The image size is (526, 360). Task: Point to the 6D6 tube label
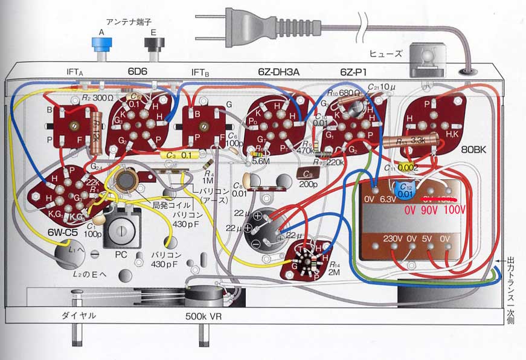coord(140,71)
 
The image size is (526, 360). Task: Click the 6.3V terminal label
coord(394,198)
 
